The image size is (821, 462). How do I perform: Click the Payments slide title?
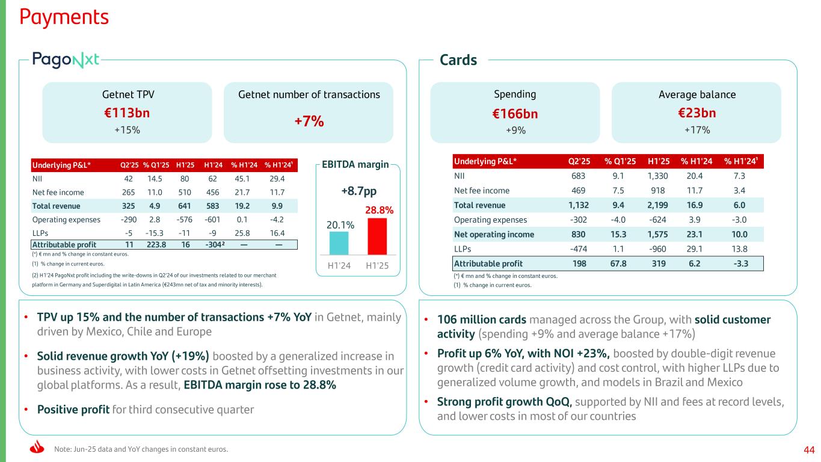coord(64,17)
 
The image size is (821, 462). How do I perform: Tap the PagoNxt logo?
coord(66,60)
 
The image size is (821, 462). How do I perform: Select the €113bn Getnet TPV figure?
coord(127,113)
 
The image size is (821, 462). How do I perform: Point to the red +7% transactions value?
coord(309,121)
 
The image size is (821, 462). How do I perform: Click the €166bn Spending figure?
coord(515,114)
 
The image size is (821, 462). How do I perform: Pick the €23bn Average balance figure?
coord(696,113)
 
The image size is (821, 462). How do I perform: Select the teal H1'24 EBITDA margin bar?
coord(339,243)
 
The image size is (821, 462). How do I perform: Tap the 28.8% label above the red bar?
coord(379,211)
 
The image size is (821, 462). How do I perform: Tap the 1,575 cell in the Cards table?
coord(659,234)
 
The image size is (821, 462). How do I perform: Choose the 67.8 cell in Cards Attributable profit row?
coord(616,263)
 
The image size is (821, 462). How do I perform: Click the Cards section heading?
coord(458,60)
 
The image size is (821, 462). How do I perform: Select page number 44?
coord(808,449)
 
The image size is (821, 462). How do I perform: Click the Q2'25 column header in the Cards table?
coord(579,161)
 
